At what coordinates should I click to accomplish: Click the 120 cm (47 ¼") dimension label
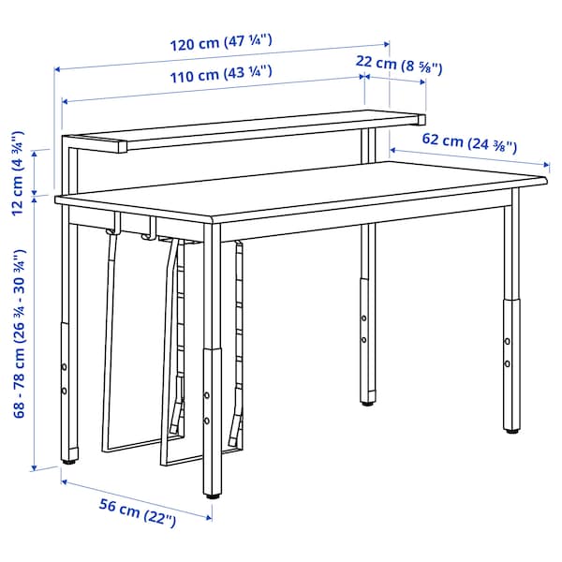tap(221, 42)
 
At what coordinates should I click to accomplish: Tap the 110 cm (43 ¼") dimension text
tap(221, 74)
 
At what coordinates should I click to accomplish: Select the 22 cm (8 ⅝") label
tap(399, 65)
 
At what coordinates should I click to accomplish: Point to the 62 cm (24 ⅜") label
tap(469, 142)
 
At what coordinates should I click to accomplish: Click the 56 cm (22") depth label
tap(138, 511)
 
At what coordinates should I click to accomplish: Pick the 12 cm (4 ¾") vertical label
tap(18, 173)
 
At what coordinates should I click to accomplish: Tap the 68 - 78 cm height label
tap(20, 333)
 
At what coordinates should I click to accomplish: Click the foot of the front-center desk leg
tap(213, 496)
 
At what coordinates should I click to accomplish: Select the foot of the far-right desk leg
tap(511, 431)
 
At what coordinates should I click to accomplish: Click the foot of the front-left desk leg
tap(69, 462)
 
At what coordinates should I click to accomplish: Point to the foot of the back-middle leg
tap(366, 403)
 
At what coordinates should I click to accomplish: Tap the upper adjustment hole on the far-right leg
tap(508, 341)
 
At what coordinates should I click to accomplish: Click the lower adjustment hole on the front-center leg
tap(207, 421)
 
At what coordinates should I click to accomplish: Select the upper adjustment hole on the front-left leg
tap(64, 367)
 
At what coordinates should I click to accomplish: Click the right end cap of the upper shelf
tap(421, 120)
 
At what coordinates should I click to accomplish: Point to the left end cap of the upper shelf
tap(123, 147)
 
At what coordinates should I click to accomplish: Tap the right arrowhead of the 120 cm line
tap(387, 44)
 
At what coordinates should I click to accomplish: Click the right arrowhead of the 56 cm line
tap(209, 517)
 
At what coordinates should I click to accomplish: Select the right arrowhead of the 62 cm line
tap(547, 165)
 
